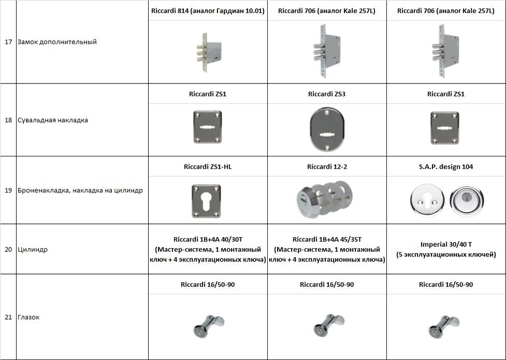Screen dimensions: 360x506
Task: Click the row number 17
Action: [x=8, y=42]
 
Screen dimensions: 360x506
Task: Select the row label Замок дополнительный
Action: [x=57, y=42]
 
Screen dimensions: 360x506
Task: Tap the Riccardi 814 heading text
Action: [x=208, y=11]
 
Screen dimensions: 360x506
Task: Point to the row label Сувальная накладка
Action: [x=52, y=120]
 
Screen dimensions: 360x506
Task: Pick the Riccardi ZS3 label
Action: [x=326, y=94]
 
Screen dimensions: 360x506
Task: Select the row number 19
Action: [x=8, y=190]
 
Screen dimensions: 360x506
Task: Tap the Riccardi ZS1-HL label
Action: [x=208, y=167]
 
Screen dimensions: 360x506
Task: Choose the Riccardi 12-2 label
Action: [x=326, y=167]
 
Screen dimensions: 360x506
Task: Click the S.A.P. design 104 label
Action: [x=446, y=167]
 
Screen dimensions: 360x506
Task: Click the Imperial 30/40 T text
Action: [x=445, y=244]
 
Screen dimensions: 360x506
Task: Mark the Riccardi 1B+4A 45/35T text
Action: [x=327, y=239]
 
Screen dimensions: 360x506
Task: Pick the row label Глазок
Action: [x=28, y=318]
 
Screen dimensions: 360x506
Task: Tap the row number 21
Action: [x=8, y=318]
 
